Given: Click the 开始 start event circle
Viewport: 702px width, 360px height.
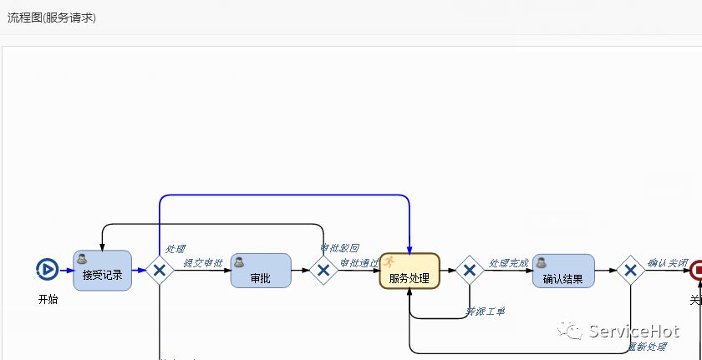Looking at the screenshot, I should [x=47, y=269].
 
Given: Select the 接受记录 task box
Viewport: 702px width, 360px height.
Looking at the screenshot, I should [x=102, y=271].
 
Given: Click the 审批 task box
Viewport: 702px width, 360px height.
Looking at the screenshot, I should [x=261, y=271].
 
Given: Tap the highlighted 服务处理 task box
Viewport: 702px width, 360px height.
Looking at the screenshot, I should [x=409, y=271].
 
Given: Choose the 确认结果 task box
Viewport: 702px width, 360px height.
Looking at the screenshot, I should [x=563, y=271].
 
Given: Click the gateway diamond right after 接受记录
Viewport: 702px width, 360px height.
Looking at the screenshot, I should [x=159, y=271].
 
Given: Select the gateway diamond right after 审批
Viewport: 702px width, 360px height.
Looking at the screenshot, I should [x=323, y=271].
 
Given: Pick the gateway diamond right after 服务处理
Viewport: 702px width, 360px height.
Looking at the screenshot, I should [x=470, y=271].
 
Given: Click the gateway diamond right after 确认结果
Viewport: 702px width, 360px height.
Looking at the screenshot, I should [x=630, y=271].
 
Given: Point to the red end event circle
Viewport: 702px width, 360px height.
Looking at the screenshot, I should [x=696, y=270].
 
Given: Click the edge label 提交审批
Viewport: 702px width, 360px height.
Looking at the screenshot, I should [x=203, y=263].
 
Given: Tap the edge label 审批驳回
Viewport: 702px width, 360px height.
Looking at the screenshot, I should [x=340, y=248].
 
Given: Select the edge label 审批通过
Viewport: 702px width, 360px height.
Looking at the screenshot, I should [x=359, y=263].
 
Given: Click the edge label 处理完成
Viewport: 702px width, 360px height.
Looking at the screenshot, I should [x=509, y=263].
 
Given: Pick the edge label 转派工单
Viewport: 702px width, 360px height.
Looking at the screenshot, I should [x=485, y=312].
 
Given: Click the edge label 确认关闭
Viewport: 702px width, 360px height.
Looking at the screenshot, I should [x=668, y=263].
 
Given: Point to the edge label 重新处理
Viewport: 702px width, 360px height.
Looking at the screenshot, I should [x=648, y=347].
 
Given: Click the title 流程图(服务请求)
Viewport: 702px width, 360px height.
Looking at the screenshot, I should [x=52, y=18].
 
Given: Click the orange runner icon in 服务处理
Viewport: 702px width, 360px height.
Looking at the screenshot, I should [x=389, y=261].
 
